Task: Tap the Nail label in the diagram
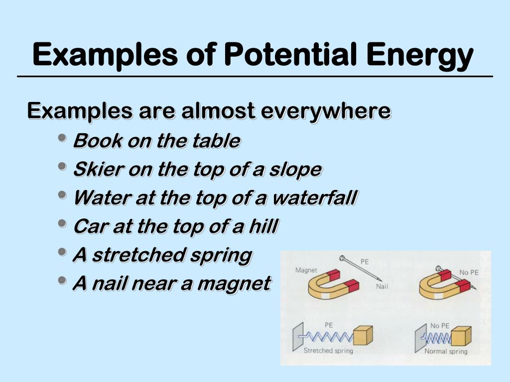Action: point(382,287)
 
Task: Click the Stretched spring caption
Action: point(328,351)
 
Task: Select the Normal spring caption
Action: point(446,351)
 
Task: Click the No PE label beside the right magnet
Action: point(469,272)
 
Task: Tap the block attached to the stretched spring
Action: point(363,336)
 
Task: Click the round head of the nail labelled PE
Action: point(342,258)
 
